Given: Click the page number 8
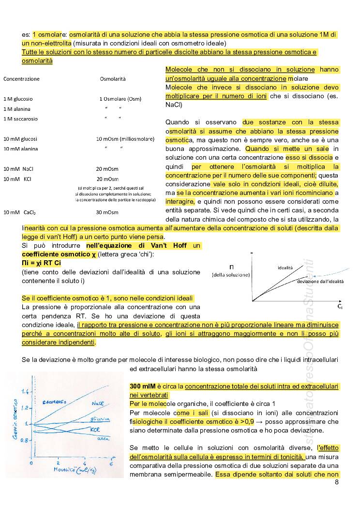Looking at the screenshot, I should [336, 482].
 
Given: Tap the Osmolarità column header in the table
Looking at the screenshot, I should [112, 78].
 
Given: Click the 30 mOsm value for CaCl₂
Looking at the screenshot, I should [107, 212].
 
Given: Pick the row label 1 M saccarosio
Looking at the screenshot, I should [20, 119].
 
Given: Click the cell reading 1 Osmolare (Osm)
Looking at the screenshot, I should [120, 99].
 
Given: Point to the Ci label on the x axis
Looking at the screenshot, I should [340, 307].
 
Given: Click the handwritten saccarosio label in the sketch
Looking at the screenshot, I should [54, 401].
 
